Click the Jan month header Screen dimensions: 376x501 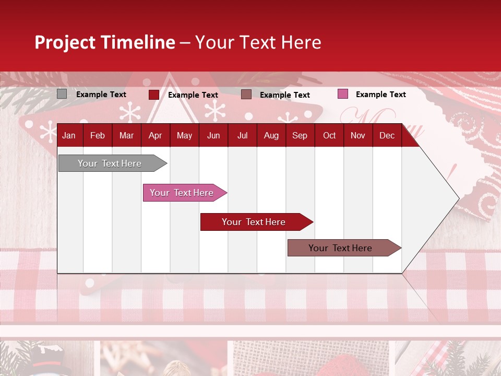[x=69, y=136]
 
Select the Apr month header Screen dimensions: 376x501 [x=155, y=136]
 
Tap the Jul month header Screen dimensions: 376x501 [x=242, y=136]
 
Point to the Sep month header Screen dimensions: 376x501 [x=300, y=136]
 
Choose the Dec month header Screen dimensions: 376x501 [x=387, y=136]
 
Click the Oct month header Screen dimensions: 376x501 [x=329, y=136]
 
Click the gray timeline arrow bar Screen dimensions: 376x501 [x=110, y=163]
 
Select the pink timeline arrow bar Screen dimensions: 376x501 [x=182, y=193]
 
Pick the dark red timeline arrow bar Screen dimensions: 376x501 [x=254, y=222]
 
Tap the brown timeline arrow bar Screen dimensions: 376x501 [x=340, y=248]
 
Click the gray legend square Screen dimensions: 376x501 [x=62, y=94]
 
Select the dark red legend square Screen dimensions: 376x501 [x=153, y=95]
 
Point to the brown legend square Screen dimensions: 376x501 [x=246, y=95]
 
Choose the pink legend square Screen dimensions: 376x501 [x=342, y=94]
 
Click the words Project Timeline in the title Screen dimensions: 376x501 [x=105, y=42]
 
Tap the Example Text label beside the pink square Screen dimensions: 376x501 [x=380, y=95]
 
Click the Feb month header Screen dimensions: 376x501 [x=98, y=136]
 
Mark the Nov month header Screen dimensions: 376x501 [x=358, y=136]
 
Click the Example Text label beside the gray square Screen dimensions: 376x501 [x=101, y=95]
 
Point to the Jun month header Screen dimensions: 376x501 [x=213, y=136]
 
